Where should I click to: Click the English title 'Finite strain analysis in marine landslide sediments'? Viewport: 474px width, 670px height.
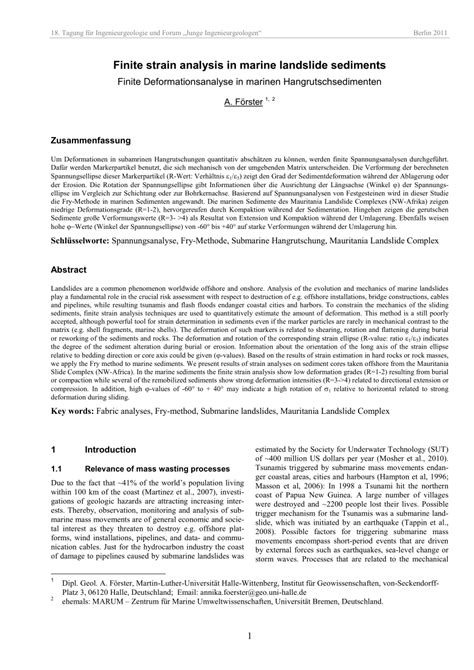point(236,61)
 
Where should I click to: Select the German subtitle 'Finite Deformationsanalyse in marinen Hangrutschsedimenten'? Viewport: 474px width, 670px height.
point(236,79)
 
